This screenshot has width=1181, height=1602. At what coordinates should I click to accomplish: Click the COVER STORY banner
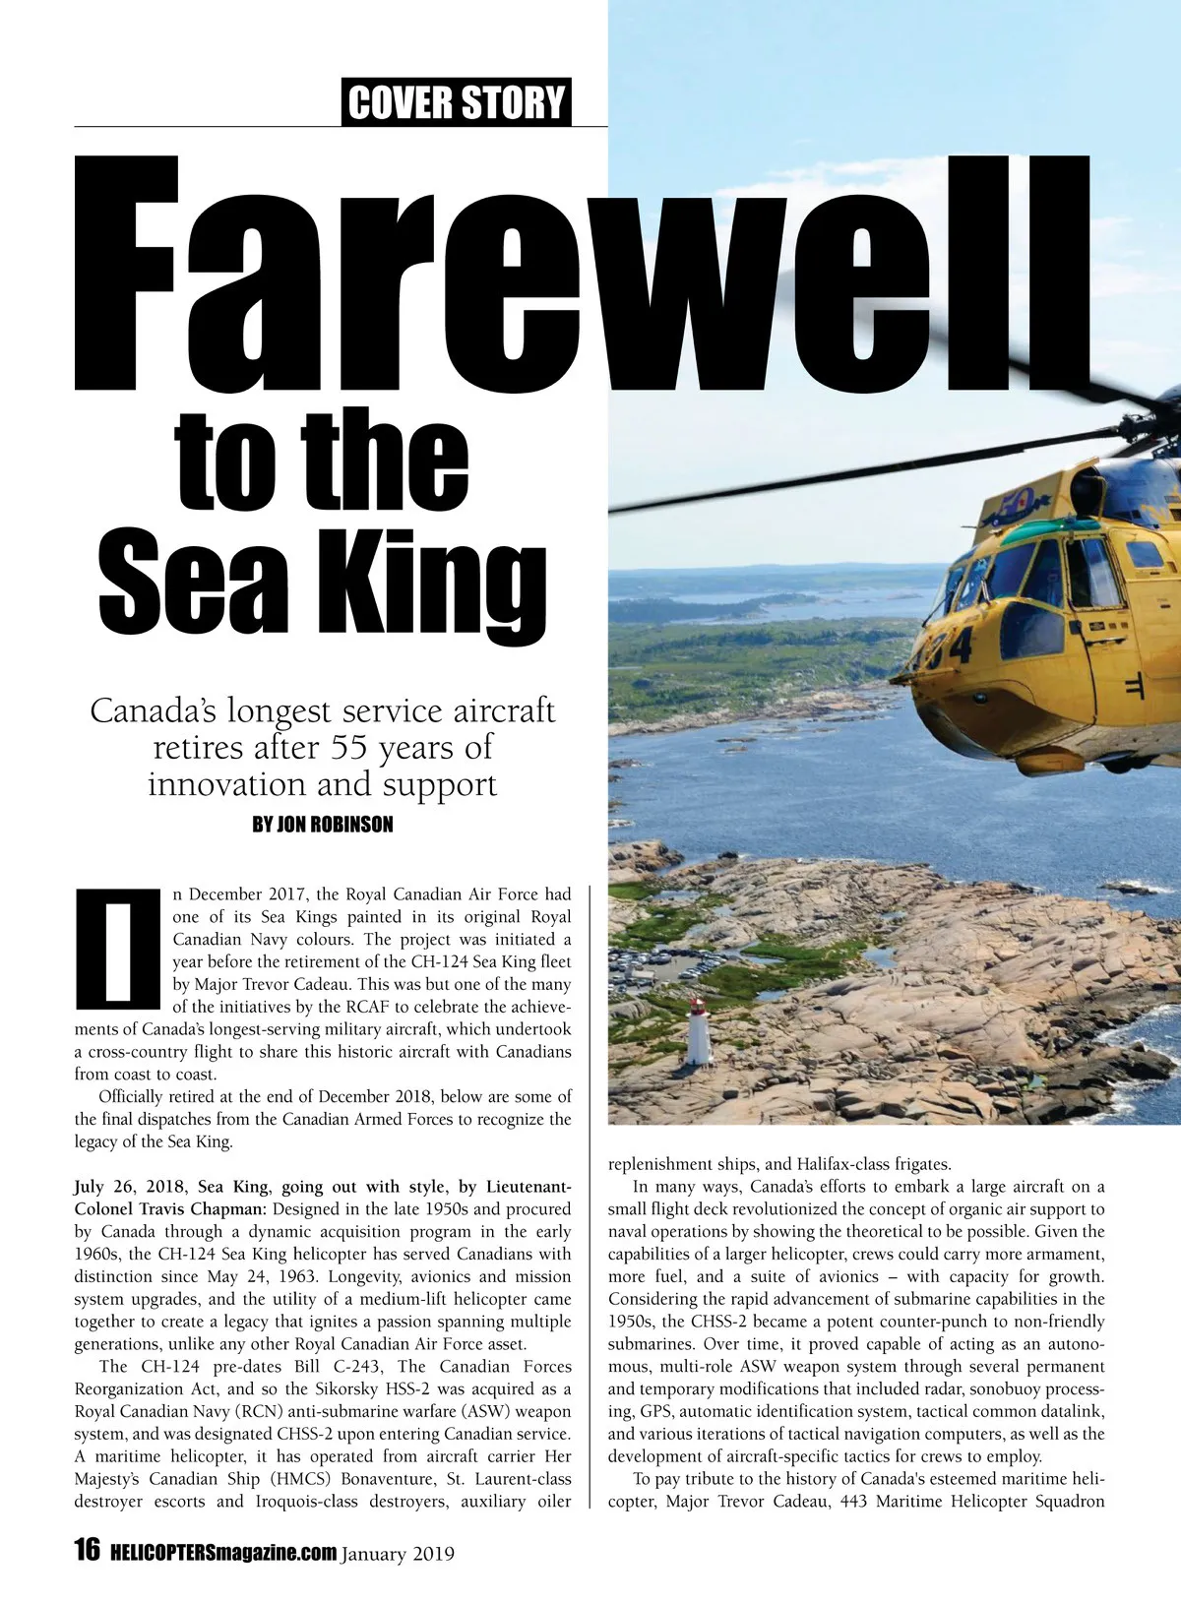[x=457, y=102]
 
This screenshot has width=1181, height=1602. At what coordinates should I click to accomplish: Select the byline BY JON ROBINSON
[x=323, y=825]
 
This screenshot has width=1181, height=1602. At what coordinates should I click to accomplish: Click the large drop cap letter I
[x=117, y=949]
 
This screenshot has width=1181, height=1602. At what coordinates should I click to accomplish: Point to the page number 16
[x=88, y=1550]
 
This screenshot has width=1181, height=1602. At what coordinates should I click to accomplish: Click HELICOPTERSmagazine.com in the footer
[x=223, y=1553]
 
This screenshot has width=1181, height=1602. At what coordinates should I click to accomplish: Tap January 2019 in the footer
[x=399, y=1554]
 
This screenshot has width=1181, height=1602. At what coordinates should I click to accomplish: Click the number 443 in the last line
[x=854, y=1502]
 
